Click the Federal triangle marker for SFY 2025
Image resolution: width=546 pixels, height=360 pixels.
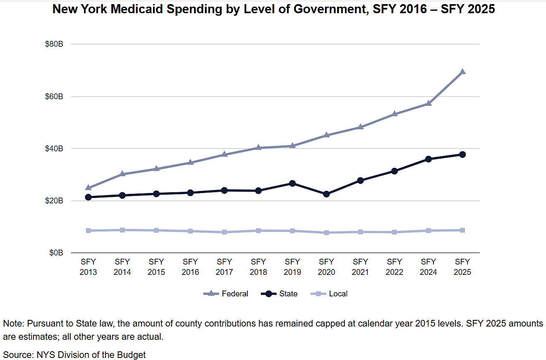point(462,72)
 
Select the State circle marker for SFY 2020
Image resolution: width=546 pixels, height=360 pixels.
point(326,194)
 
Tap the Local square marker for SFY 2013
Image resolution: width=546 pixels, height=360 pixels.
point(88,231)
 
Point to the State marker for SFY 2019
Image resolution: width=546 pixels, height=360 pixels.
point(292,183)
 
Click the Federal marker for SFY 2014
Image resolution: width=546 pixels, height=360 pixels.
point(122,174)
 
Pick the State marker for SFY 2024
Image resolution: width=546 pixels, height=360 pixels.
point(429,159)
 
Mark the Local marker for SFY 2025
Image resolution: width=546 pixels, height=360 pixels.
point(462,230)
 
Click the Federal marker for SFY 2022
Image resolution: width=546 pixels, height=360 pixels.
point(395,114)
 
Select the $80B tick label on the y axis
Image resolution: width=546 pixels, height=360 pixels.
point(54,44)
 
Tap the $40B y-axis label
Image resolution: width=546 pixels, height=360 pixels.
point(54,149)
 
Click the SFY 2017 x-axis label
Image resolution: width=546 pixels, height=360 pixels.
point(224,267)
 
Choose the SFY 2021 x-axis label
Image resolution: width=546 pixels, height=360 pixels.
point(360,267)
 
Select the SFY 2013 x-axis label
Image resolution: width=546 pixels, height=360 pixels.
point(88,267)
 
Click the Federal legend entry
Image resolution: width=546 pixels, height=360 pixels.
point(226,294)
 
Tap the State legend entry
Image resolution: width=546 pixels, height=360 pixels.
point(280,294)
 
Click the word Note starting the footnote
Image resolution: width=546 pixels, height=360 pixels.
point(12,324)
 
